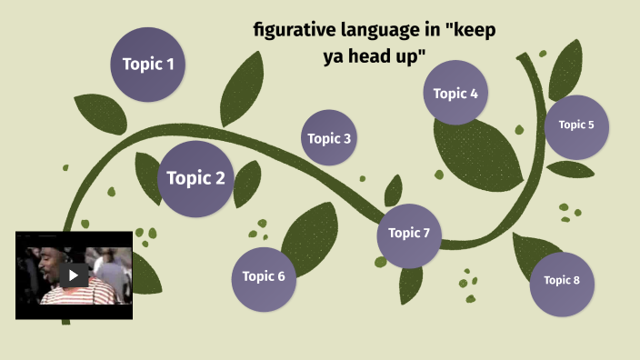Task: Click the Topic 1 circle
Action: coord(148,64)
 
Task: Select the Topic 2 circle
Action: coord(195,178)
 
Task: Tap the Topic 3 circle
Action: coord(328,138)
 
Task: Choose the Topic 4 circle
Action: coord(455,93)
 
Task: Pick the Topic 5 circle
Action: coord(576,125)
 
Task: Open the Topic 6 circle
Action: coord(264,276)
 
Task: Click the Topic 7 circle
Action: coord(409,233)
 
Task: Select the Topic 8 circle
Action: coord(562,280)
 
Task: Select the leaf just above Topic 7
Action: coord(393,191)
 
